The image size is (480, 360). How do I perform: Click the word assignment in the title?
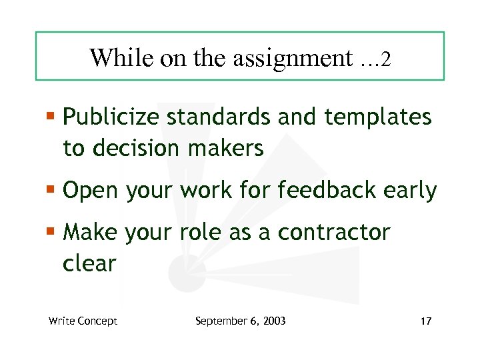pos(291,58)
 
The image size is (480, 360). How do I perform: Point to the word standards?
pos(218,118)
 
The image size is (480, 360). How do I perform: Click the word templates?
pos(378,118)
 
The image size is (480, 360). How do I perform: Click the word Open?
pos(89,191)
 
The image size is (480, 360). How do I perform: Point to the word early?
pos(410,191)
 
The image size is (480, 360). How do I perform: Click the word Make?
pos(89,233)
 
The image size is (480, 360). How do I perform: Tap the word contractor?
pos(333,233)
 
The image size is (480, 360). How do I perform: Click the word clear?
pos(89,263)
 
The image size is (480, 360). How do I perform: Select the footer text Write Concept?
pos(83,321)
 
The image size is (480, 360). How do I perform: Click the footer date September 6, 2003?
pos(240,321)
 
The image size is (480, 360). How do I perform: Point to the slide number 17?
pos(426,321)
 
